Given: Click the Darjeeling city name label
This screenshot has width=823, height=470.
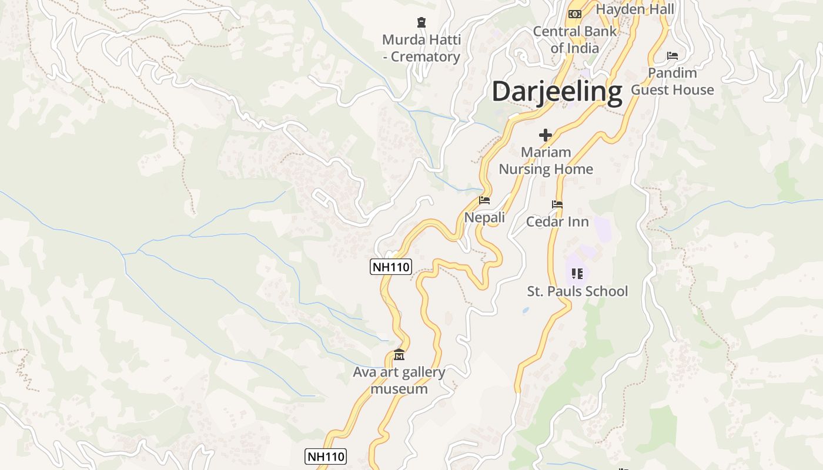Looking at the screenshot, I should click(557, 92).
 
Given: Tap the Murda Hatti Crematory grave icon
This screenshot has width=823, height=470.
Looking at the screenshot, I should click(421, 23).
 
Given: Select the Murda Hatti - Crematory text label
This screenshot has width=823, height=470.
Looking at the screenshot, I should click(421, 48).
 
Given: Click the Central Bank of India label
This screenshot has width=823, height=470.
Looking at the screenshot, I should click(574, 39).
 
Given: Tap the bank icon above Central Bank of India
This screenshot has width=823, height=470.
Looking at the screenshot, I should click(575, 14).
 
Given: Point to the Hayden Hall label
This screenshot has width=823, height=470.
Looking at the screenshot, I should click(635, 9).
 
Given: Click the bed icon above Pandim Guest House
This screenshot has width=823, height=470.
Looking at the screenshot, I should click(673, 56).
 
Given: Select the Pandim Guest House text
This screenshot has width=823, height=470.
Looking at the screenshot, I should click(673, 81).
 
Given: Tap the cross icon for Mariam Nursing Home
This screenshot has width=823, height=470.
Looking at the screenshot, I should click(546, 135).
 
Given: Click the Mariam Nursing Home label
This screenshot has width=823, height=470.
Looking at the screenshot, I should click(546, 160).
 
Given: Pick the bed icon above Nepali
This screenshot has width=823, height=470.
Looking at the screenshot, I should click(484, 200).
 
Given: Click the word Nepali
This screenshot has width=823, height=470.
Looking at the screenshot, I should click(484, 217).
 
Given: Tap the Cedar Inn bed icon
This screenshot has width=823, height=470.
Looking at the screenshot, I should click(557, 204).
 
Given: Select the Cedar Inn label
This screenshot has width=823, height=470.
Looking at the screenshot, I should click(557, 221).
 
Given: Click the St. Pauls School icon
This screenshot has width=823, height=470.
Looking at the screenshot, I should click(577, 274).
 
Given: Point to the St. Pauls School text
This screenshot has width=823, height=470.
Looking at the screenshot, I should click(577, 291).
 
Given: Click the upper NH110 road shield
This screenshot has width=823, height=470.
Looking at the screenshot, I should click(391, 267).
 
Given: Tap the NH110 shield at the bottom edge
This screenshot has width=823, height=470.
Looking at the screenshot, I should click(326, 456).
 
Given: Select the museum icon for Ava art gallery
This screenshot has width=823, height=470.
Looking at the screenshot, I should click(399, 354).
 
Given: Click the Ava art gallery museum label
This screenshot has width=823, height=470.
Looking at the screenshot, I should click(399, 380).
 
